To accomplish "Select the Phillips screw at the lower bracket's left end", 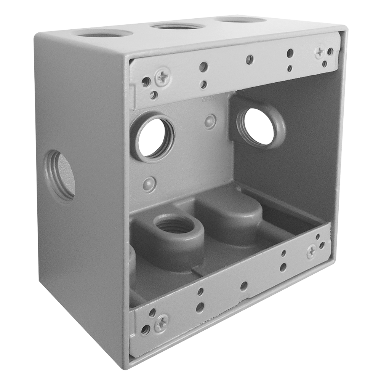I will (161, 323).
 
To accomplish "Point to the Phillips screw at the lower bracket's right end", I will (311, 251).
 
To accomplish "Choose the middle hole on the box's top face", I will (178, 26).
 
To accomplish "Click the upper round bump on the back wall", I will (210, 122).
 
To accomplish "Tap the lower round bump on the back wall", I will (149, 184).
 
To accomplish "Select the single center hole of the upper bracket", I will (250, 59).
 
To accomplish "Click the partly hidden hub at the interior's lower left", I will (132, 259).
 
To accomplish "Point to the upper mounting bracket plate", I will (229, 72).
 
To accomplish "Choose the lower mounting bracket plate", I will (229, 293).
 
